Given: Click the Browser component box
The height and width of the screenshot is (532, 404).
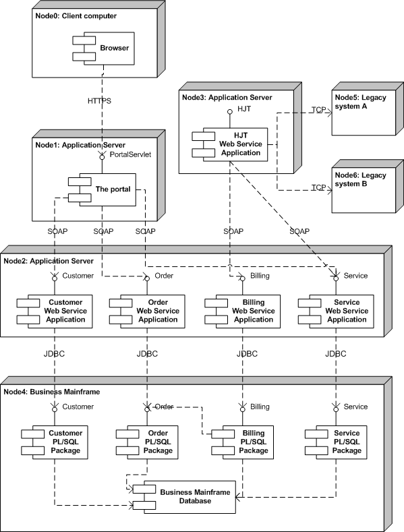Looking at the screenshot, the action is click(104, 48).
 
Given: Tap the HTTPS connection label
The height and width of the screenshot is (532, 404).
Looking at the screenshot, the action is click(99, 100).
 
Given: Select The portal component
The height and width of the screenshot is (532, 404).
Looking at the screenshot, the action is click(102, 189).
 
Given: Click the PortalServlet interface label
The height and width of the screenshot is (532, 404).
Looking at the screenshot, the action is click(130, 154).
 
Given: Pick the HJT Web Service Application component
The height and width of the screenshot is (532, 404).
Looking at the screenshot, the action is click(230, 144).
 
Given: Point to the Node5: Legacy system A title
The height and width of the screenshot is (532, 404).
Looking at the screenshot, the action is click(361, 102).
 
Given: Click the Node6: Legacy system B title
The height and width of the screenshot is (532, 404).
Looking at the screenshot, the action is click(361, 179).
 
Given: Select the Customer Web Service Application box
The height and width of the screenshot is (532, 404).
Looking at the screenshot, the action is click(55, 311).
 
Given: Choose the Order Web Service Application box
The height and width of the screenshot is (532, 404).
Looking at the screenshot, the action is click(147, 311).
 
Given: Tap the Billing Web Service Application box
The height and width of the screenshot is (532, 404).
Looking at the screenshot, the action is click(242, 311).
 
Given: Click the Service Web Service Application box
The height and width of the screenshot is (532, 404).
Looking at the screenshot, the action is click(336, 311).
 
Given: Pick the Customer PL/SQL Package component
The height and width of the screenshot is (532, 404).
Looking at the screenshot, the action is click(55, 442).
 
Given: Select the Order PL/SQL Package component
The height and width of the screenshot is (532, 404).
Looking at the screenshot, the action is click(147, 442).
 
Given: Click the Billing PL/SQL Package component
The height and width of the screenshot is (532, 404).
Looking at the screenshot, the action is click(242, 442).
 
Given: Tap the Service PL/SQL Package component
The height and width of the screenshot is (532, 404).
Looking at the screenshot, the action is click(336, 442).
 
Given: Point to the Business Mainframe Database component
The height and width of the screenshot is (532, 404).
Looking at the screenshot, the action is click(184, 497).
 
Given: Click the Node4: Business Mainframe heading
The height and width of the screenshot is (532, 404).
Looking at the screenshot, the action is click(52, 392).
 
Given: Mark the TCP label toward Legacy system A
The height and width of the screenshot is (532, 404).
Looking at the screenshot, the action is click(319, 110).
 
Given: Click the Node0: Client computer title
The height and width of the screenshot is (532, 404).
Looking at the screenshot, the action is click(76, 16).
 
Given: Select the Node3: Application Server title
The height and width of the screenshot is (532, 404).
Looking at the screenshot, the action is click(227, 97).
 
